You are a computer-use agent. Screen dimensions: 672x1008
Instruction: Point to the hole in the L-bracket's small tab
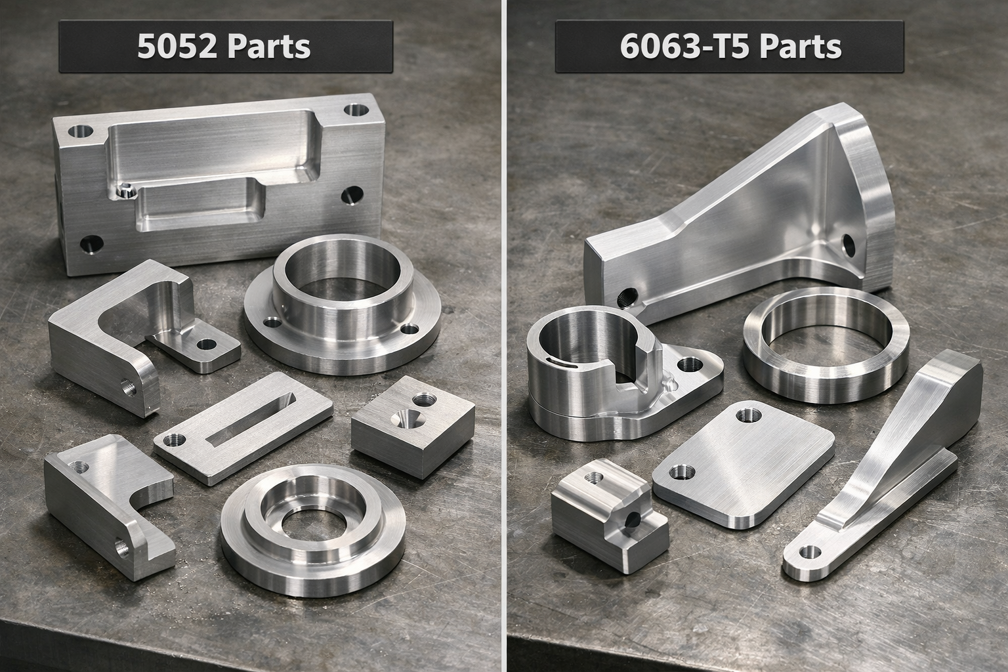click(207, 344)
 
